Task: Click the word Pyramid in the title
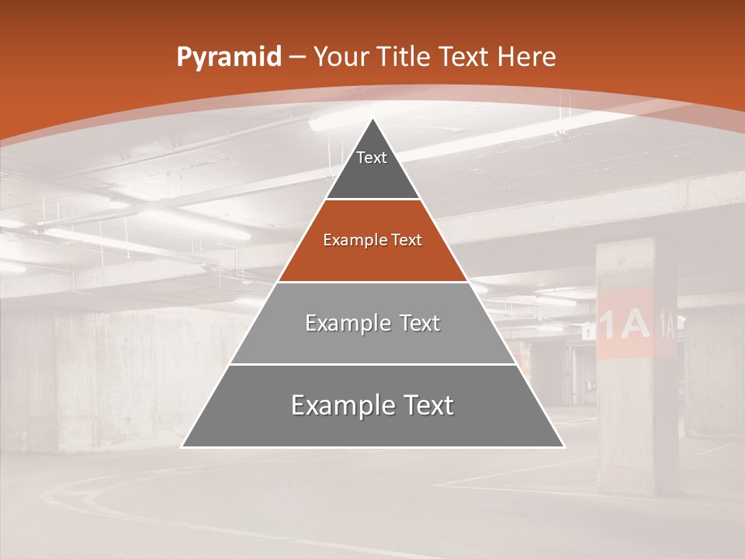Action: coord(228,57)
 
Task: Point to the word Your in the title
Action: coord(341,57)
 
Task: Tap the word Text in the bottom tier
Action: coord(422,406)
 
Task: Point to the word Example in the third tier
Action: coord(339,323)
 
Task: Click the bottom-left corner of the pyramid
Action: coord(182,446)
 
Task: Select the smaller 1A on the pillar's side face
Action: coord(667,322)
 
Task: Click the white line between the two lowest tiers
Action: coord(372,364)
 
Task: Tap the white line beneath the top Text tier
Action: coord(372,200)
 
